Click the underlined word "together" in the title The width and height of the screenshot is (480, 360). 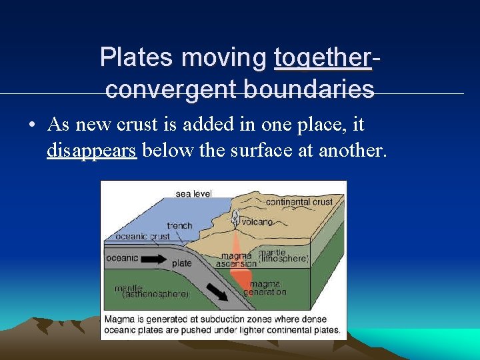coord(323,58)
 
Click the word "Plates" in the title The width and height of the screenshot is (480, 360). coord(136,58)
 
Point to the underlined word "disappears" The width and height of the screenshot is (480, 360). coord(91,151)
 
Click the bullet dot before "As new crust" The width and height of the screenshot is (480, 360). coord(31,125)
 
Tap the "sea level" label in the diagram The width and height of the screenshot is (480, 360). coord(193,194)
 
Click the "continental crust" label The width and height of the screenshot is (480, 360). coord(299,201)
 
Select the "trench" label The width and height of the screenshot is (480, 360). coord(179,225)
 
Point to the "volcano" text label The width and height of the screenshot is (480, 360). coord(257,222)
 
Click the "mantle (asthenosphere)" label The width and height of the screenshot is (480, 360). coord(150,291)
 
